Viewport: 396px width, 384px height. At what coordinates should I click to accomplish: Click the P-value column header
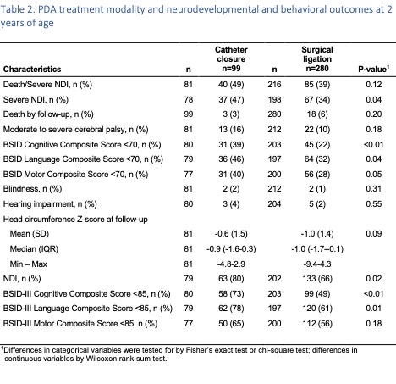tap(373, 69)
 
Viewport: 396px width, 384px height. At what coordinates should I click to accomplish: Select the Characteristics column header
tap(32, 70)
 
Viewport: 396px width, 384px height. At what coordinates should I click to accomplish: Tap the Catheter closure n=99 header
tap(231, 59)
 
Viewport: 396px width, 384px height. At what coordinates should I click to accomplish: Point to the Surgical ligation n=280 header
tap(317, 59)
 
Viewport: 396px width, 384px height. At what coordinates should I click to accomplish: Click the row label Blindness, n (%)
tap(32, 189)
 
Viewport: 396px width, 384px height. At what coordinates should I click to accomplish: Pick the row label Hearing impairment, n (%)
tap(50, 204)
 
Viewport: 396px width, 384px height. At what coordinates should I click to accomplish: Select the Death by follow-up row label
tap(48, 114)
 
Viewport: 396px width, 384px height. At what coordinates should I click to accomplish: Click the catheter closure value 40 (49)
tap(231, 85)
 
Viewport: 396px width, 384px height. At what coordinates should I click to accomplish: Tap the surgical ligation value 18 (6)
tap(317, 114)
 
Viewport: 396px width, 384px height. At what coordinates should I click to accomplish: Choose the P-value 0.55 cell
tap(373, 204)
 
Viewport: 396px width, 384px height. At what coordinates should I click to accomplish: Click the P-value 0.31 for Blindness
tap(373, 189)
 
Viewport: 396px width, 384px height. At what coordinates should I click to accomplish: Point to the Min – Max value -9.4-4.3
tap(317, 264)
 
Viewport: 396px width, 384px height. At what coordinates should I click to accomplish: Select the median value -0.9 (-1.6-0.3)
tap(231, 249)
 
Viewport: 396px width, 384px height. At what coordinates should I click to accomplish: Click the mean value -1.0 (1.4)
tap(317, 234)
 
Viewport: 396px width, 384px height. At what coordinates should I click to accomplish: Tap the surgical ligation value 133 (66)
tap(317, 279)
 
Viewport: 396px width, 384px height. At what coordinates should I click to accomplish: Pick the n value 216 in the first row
tap(274, 85)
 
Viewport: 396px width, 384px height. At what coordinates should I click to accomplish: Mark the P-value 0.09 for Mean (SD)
tap(373, 234)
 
